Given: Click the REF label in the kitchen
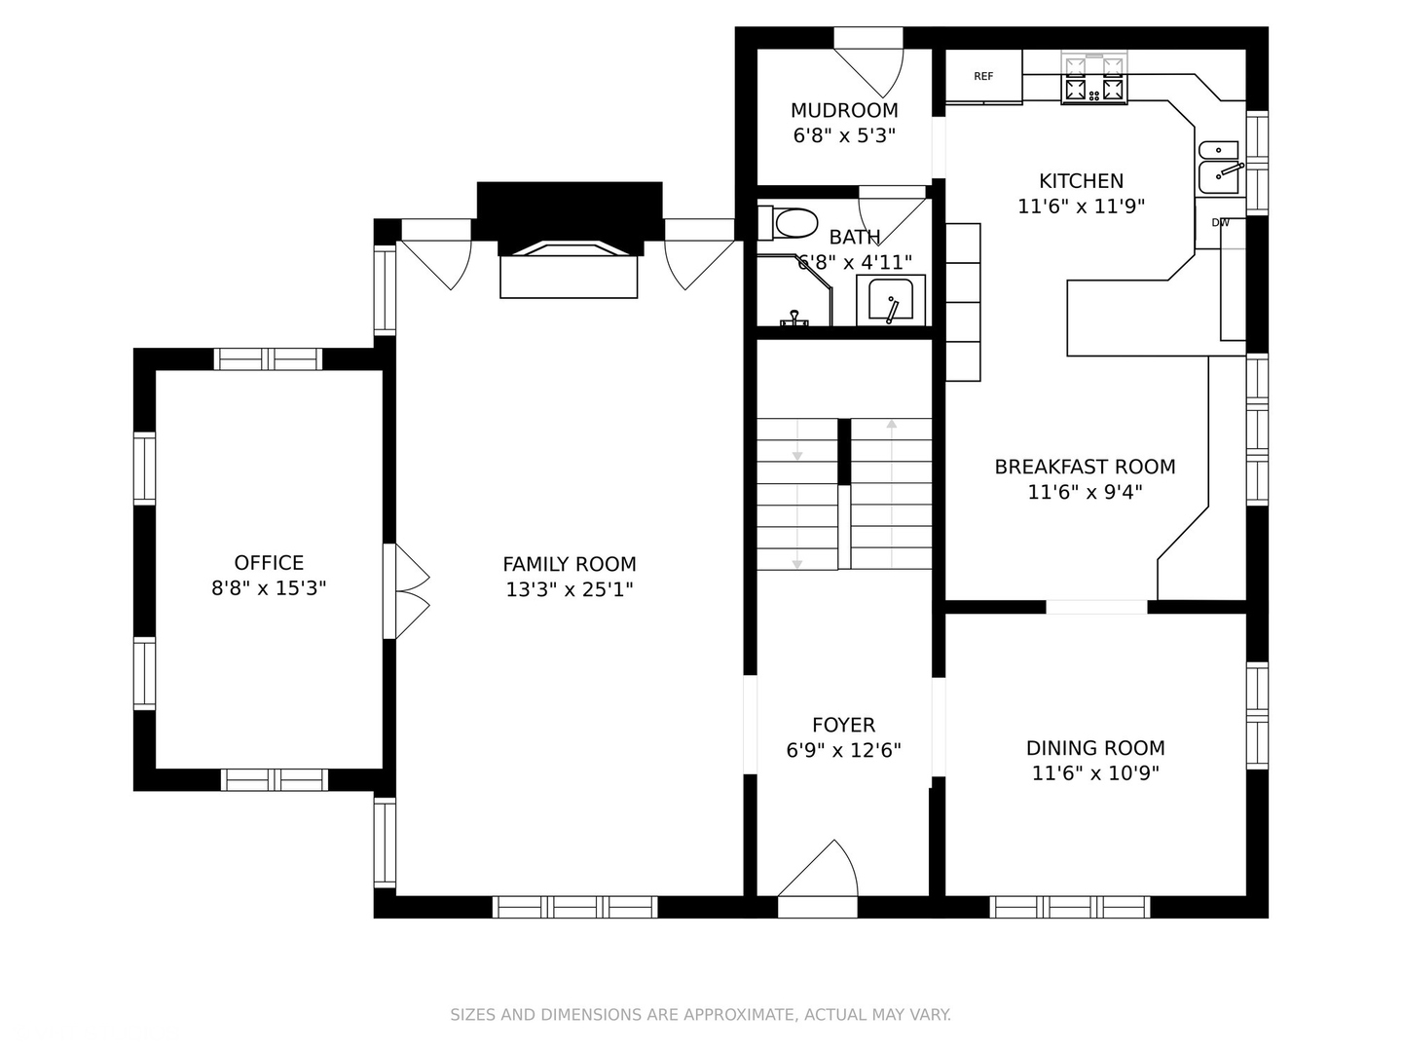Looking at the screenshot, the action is (x=983, y=77).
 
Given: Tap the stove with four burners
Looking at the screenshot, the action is (x=1094, y=77).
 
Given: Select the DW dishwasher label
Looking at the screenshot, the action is (x=1221, y=223).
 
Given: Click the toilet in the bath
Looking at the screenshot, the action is (x=789, y=223).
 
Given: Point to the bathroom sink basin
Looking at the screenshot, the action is (x=891, y=300).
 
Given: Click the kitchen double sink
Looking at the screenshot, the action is (x=1219, y=168).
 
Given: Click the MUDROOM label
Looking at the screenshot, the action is (x=844, y=110).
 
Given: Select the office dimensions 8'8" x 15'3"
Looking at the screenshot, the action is (x=269, y=588).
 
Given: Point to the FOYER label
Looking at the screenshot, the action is (x=843, y=725).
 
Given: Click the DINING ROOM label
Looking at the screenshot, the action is (x=1095, y=748).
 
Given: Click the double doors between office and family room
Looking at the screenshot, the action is (x=406, y=591).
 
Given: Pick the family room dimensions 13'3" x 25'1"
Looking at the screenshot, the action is (x=570, y=589).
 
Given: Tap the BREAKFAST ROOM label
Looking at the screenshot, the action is (x=1085, y=467).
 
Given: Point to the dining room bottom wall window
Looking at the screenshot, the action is (x=1070, y=907).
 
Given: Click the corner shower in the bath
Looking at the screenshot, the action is (x=794, y=290).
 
